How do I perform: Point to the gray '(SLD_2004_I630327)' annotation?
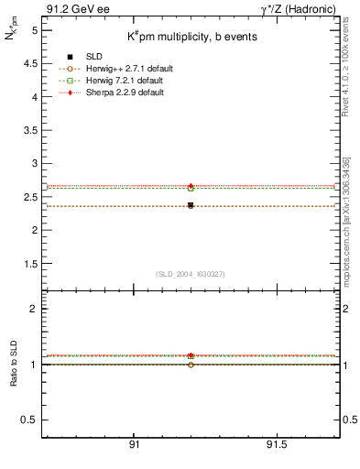click(x=190, y=274)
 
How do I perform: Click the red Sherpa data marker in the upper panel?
click(x=191, y=186)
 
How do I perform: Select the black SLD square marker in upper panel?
click(x=191, y=205)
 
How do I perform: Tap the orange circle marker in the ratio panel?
click(x=191, y=365)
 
